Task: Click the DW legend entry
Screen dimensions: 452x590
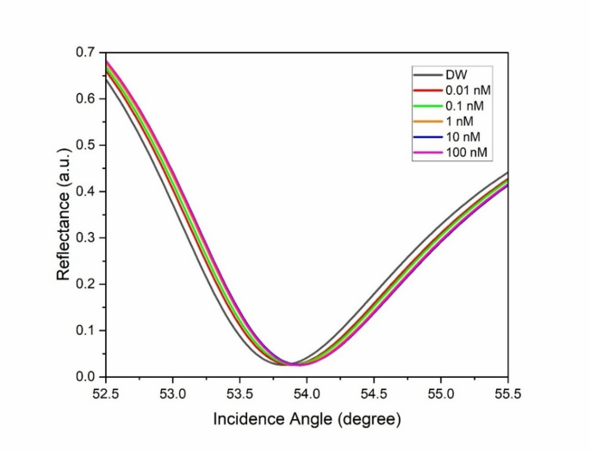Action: pyautogui.click(x=456, y=76)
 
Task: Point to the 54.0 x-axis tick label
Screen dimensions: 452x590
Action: pyautogui.click(x=307, y=393)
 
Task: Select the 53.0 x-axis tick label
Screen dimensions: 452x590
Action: pyautogui.click(x=172, y=393)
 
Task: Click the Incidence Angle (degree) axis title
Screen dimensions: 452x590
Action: pyautogui.click(x=307, y=420)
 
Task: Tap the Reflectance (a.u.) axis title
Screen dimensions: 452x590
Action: pyautogui.click(x=63, y=215)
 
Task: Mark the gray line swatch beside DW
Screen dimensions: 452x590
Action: pyautogui.click(x=426, y=76)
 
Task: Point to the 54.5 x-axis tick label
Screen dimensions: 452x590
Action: pyautogui.click(x=374, y=393)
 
